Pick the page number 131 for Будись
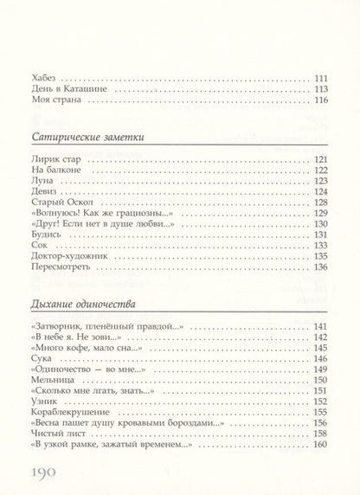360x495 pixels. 320,235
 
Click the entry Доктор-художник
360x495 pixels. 73,255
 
